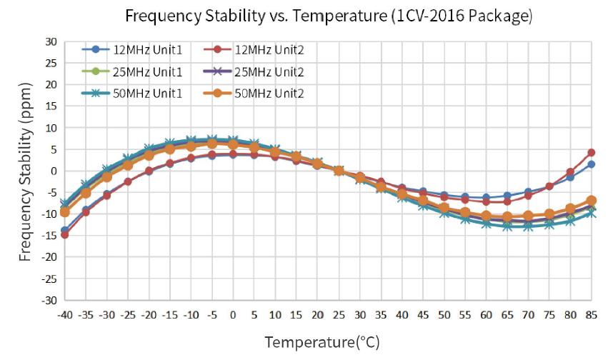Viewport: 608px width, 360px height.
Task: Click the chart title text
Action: (x=329, y=16)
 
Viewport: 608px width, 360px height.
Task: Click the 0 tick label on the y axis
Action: (x=52, y=171)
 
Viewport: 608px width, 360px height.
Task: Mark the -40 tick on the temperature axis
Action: (x=65, y=314)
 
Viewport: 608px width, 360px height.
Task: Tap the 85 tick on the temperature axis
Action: (x=592, y=314)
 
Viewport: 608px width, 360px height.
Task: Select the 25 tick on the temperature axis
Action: (x=339, y=314)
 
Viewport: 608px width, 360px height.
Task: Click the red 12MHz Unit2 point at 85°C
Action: (x=592, y=152)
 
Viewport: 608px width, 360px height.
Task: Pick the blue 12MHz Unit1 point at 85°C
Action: (x=592, y=164)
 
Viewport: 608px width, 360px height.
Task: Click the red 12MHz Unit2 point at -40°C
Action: (x=65, y=234)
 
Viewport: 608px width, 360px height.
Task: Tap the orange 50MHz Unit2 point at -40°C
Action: (x=65, y=212)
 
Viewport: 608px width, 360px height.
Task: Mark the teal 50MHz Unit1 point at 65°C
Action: (x=507, y=226)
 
